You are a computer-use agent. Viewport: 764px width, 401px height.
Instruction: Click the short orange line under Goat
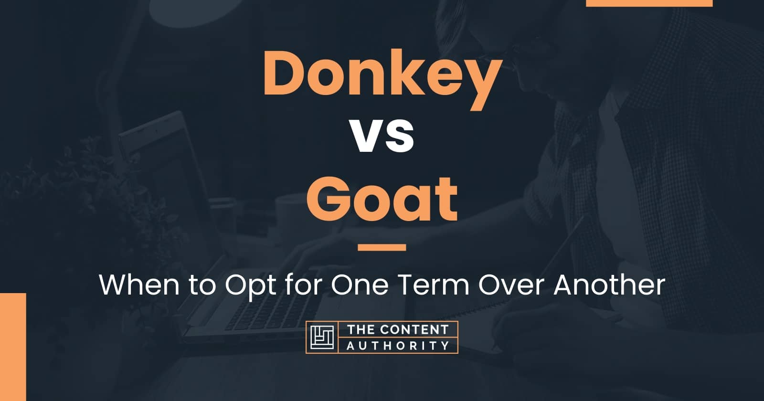point(382,247)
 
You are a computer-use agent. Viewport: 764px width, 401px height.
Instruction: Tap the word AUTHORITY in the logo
point(398,345)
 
